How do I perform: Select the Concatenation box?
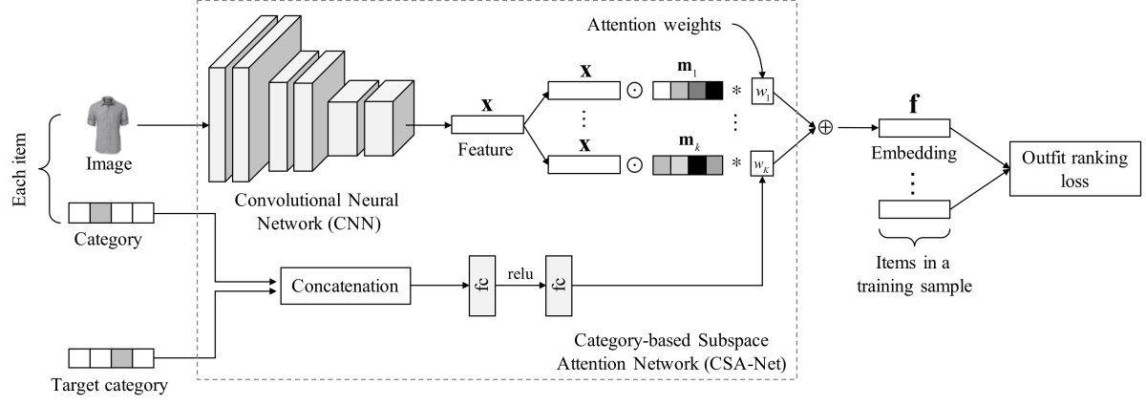click(346, 284)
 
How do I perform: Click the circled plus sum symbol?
click(819, 126)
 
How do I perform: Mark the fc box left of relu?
click(479, 284)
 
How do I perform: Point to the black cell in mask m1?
click(715, 92)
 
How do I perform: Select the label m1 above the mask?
click(688, 67)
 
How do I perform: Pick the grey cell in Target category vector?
click(122, 359)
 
